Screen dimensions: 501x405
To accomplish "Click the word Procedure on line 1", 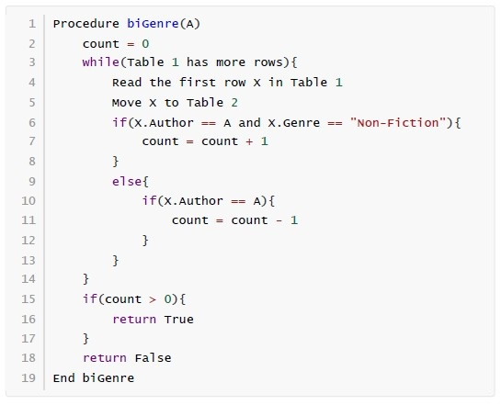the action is (85, 24).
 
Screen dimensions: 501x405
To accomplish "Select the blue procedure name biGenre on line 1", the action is (153, 24).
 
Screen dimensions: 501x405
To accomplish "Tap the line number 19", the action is (28, 377).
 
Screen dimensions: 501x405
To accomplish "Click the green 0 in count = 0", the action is (145, 44).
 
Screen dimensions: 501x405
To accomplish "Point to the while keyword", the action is (100, 62).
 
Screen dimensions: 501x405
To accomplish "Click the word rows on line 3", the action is (268, 62).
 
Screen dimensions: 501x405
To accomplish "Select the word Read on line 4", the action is (127, 83).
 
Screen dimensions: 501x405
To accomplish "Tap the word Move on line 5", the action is (127, 103).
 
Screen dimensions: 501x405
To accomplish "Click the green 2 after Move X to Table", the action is (234, 103).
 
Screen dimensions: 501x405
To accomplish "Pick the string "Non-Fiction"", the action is (398, 122).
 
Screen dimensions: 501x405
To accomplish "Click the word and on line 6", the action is (249, 122).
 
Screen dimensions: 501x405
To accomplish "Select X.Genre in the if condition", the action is (294, 122).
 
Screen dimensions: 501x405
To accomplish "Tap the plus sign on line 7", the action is (249, 141).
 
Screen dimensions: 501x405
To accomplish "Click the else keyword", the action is (127, 182).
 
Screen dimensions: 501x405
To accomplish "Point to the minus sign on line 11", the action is (279, 220).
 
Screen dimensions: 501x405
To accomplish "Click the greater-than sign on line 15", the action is (153, 299).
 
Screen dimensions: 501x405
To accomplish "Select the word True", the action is (179, 320).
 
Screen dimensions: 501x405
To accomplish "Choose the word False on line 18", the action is (153, 358).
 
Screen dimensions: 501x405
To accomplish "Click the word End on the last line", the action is (64, 377).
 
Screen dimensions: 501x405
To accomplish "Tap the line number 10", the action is (28, 201).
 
